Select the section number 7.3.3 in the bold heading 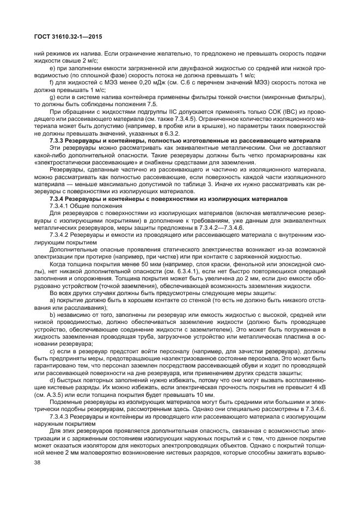[x=57, y=140]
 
